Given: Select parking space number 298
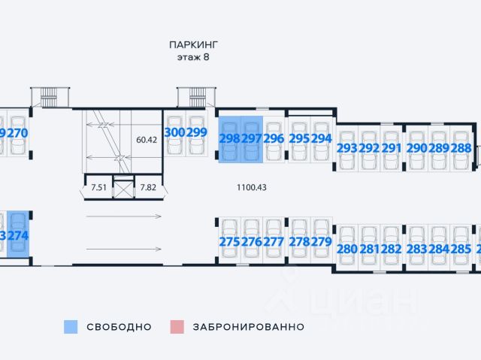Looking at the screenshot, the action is [x=228, y=139].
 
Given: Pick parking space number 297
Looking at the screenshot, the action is [x=251, y=139].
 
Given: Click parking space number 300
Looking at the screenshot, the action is [x=174, y=133].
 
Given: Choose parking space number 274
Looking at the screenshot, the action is [x=19, y=235].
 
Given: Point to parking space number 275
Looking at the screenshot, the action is [x=229, y=242].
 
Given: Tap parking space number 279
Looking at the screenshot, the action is [x=321, y=242].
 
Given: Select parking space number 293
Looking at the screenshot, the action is [x=347, y=148].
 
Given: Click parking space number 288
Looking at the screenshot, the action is [x=461, y=148].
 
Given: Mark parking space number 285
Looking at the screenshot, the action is [x=461, y=250].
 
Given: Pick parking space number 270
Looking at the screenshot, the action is [x=17, y=133].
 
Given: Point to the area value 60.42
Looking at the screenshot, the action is [x=146, y=140].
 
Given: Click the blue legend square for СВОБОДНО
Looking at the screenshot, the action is [x=71, y=327].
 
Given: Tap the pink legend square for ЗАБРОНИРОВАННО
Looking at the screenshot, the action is [x=177, y=327].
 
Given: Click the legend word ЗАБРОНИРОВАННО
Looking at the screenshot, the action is [x=248, y=327].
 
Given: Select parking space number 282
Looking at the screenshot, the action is [x=391, y=250].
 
